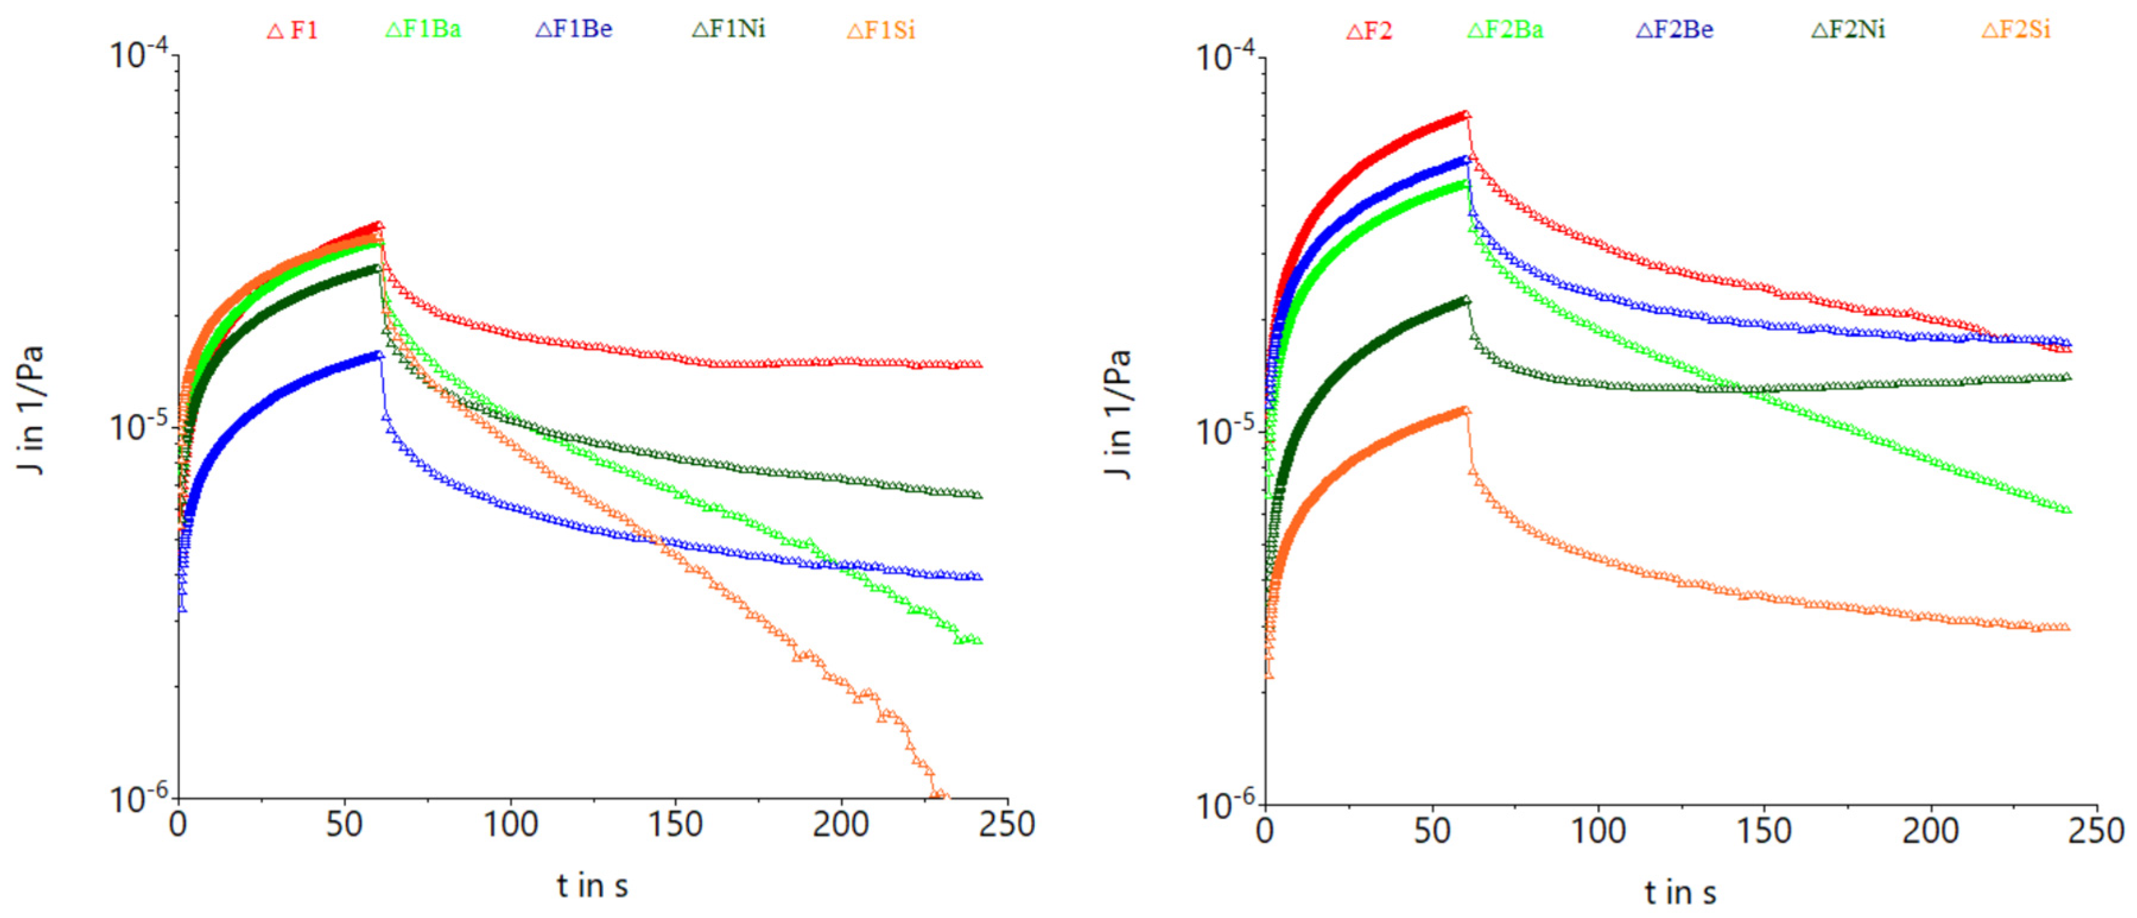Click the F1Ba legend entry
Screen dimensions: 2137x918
[x=423, y=30]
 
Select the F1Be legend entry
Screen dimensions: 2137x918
[x=574, y=30]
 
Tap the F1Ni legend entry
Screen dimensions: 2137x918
[x=729, y=30]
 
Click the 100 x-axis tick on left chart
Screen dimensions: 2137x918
[x=510, y=825]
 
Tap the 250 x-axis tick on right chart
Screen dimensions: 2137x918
[x=2097, y=830]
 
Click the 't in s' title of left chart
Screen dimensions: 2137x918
[x=592, y=885]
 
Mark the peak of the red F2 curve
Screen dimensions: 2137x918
[x=1466, y=115]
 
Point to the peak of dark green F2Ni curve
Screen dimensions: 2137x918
[x=1466, y=300]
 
